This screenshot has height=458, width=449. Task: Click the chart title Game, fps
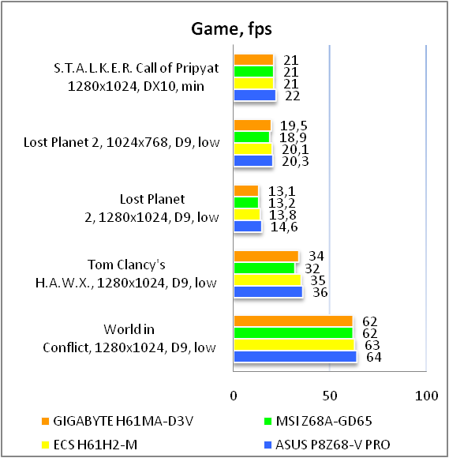click(231, 29)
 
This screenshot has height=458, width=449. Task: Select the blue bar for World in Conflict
click(295, 357)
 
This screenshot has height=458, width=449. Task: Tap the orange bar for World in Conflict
click(294, 321)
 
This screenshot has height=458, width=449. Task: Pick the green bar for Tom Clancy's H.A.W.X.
click(264, 268)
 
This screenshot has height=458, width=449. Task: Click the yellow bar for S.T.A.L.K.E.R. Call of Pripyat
click(253, 83)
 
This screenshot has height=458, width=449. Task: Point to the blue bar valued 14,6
click(248, 227)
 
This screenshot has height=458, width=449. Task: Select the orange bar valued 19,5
click(253, 126)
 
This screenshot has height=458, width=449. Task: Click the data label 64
click(374, 357)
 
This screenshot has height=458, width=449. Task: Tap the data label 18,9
click(293, 137)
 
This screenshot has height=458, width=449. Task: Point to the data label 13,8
click(282, 215)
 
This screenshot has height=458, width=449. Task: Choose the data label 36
click(320, 292)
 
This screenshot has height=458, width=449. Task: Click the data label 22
click(292, 96)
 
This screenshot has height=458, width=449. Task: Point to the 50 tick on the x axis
click(330, 396)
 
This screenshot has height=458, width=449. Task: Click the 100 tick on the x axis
click(427, 396)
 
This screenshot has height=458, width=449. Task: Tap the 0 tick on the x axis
click(234, 396)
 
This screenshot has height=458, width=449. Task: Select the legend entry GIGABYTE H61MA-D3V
click(118, 421)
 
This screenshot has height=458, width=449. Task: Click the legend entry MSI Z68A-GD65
click(318, 421)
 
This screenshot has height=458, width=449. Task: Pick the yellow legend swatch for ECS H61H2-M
click(45, 445)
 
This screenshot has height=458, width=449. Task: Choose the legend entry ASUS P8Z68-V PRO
click(327, 445)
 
